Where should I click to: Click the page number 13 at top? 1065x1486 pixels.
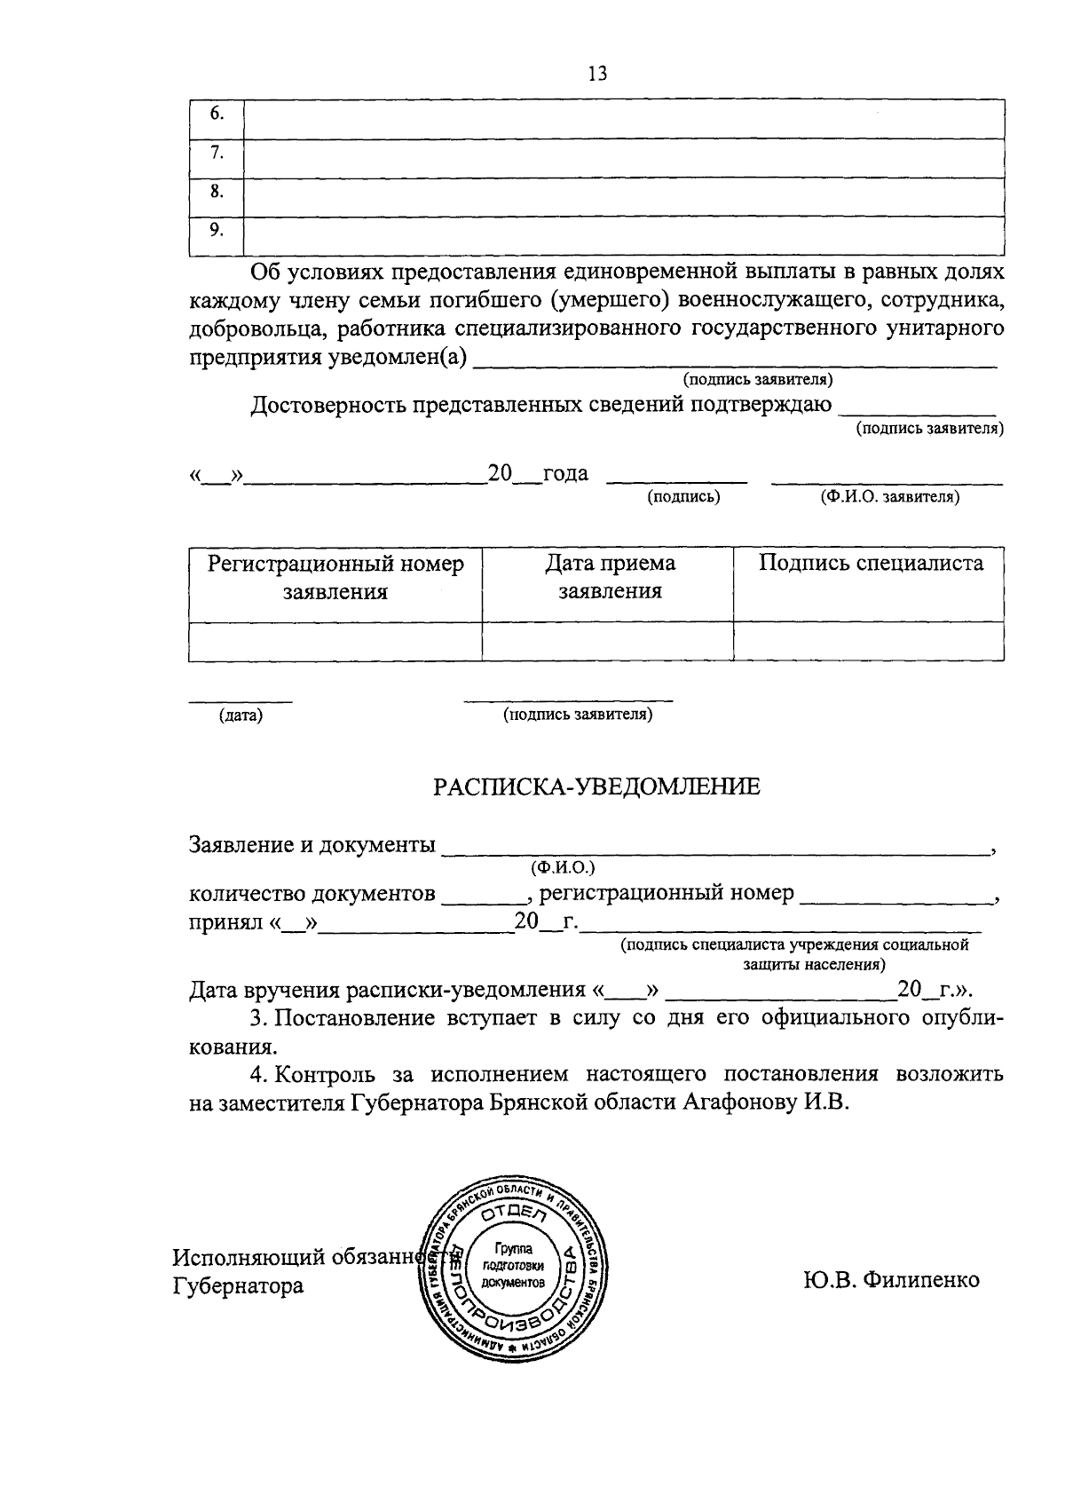click(x=596, y=74)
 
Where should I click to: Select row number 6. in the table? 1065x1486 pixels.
click(x=216, y=115)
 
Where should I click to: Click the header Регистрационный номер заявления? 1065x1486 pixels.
click(x=335, y=578)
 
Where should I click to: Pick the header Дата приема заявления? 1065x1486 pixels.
click(x=610, y=578)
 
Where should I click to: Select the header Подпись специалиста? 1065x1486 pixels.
click(x=871, y=564)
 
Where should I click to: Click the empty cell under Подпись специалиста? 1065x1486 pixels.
click(x=869, y=641)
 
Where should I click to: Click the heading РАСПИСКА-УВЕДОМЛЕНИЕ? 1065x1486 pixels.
click(x=596, y=786)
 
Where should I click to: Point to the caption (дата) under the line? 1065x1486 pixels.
click(x=241, y=715)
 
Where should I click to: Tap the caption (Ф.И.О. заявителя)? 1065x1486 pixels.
click(x=890, y=497)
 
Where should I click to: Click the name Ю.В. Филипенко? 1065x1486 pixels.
click(x=890, y=1280)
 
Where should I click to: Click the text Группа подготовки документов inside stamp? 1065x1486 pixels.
click(x=511, y=1266)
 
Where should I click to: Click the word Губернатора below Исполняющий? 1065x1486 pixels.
click(x=238, y=1286)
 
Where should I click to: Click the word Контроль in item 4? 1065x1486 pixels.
click(x=321, y=1075)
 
